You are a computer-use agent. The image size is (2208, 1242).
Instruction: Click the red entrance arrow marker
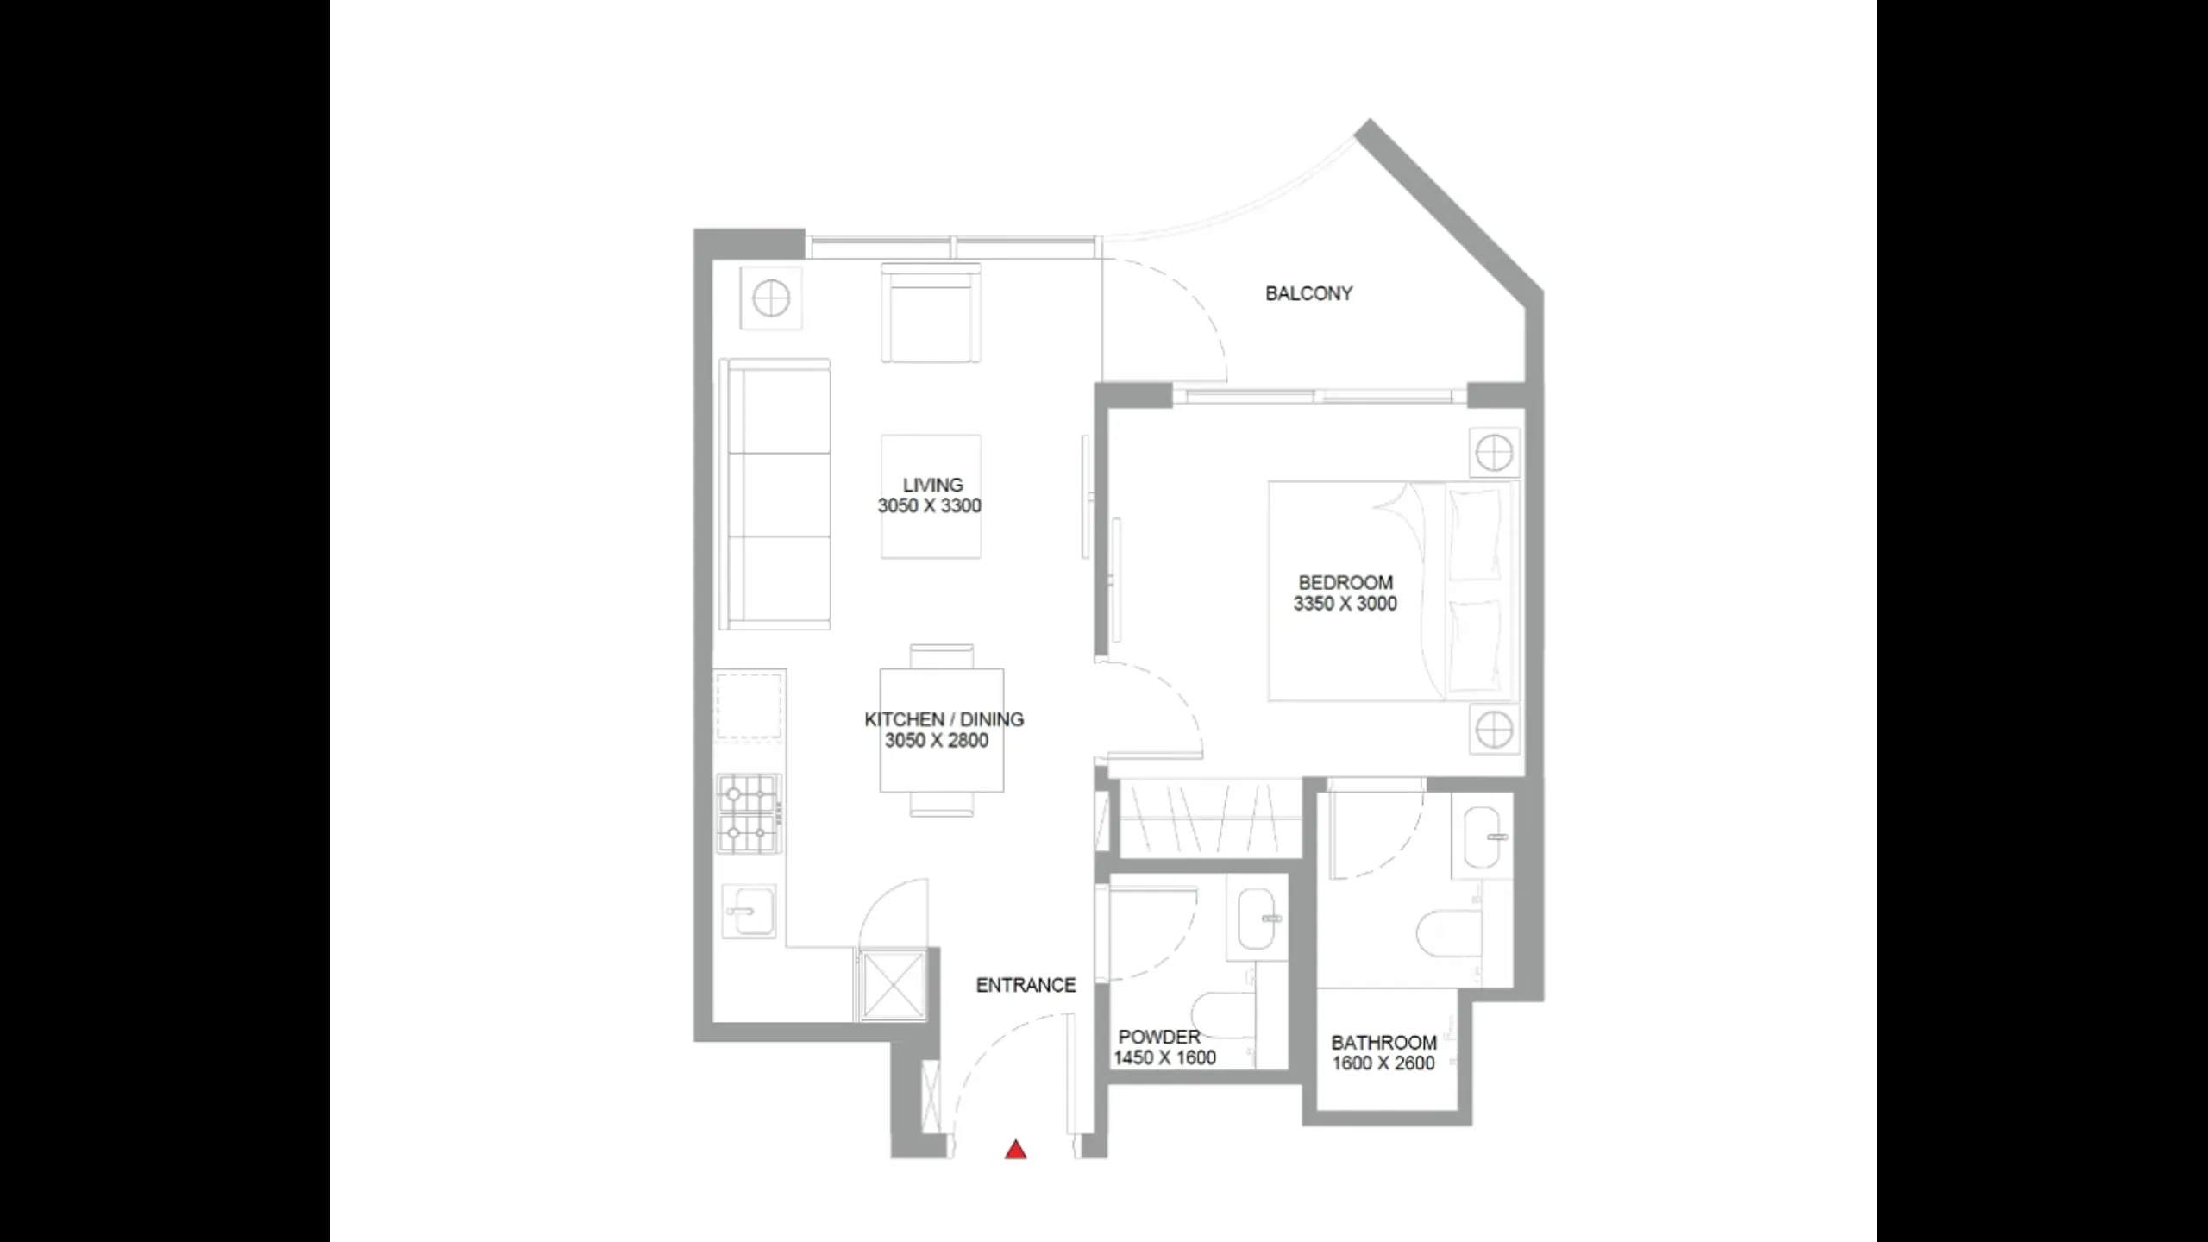pos(1015,1150)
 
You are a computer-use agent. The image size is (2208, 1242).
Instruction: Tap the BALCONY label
pos(1308,294)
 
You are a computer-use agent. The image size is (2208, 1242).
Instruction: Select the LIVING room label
pos(932,486)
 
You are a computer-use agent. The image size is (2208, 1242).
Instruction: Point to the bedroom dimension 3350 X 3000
pos(1345,605)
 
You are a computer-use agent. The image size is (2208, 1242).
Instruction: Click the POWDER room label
pos(1158,1038)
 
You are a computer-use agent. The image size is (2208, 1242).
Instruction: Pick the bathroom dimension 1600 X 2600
pos(1383,1064)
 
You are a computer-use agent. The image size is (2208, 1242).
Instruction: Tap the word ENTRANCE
pos(1026,985)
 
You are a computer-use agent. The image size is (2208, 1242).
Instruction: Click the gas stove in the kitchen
pos(748,812)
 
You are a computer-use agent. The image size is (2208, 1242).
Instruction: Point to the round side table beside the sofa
pos(770,298)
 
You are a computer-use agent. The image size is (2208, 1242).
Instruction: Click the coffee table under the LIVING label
pos(931,497)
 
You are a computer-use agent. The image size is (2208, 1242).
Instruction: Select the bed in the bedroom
pos(1392,592)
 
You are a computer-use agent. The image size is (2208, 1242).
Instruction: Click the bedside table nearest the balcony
pos(1493,452)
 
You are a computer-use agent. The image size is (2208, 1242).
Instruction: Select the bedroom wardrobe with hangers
pos(1209,819)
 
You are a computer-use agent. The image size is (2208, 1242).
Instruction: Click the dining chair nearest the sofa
pos(942,655)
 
